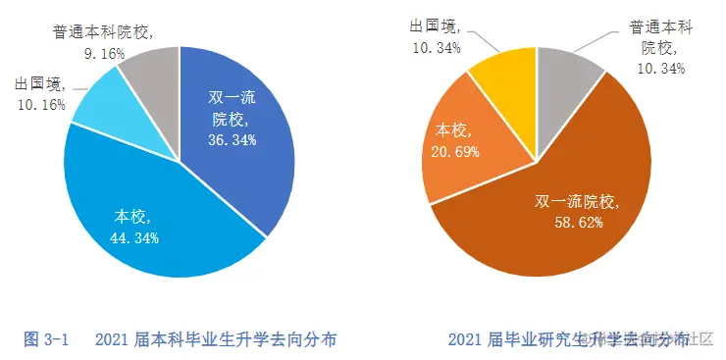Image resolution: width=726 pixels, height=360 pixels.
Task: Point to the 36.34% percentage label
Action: coord(233,140)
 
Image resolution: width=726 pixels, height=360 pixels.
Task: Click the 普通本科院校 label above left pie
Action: coord(102,32)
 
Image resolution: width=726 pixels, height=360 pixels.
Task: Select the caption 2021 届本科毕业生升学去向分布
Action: coord(217,340)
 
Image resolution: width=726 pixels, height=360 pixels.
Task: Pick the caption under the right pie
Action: coord(567,340)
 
